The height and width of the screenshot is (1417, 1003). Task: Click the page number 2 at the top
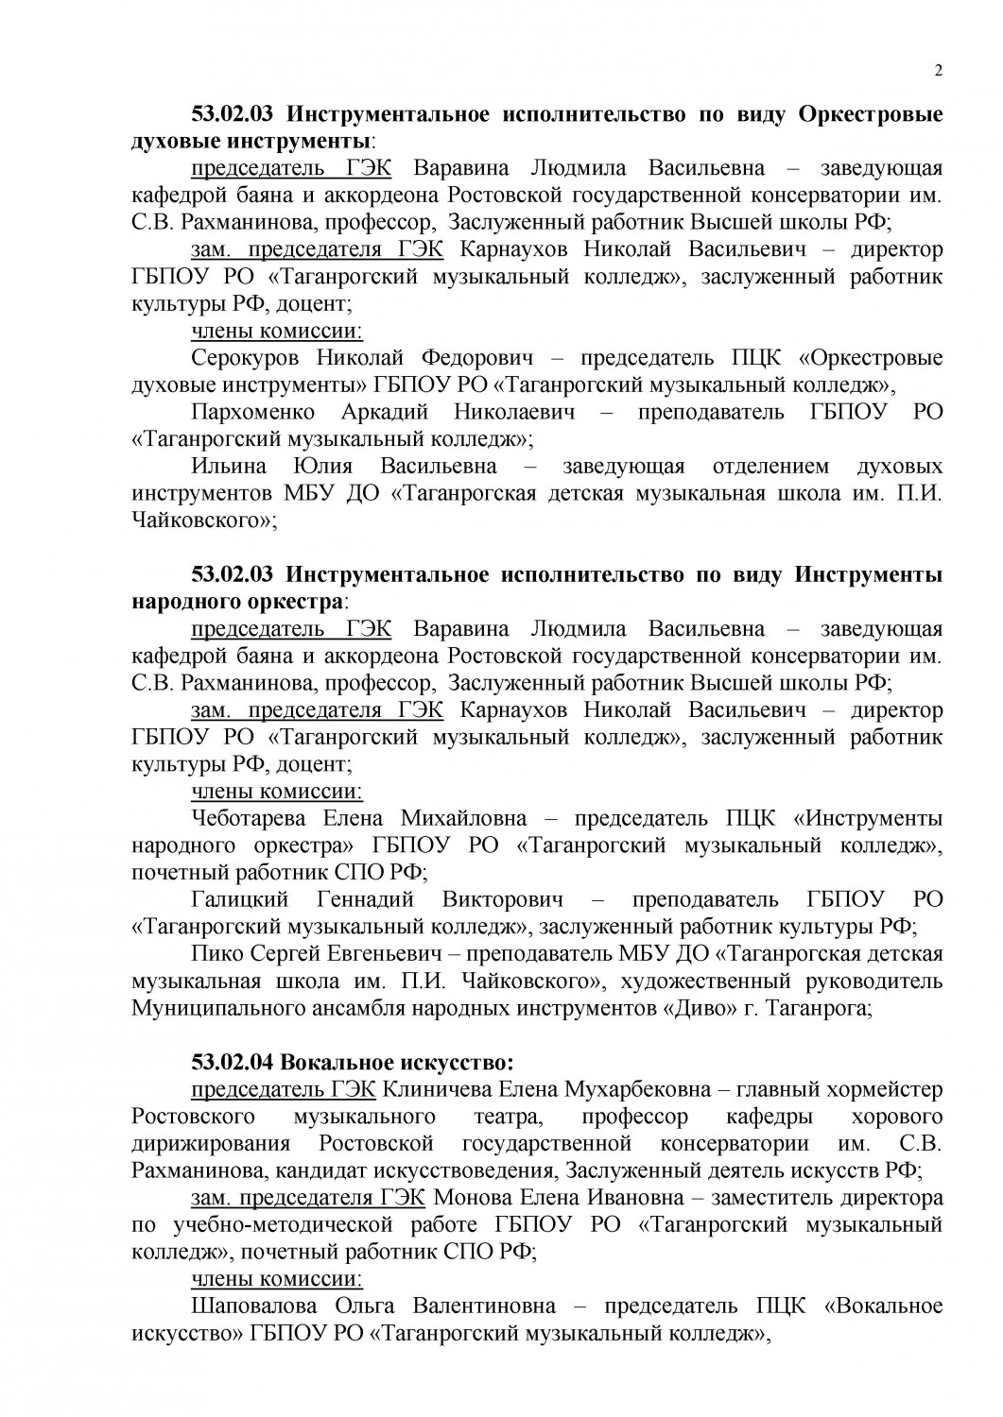click(938, 70)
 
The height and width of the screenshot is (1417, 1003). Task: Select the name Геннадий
click(364, 898)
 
